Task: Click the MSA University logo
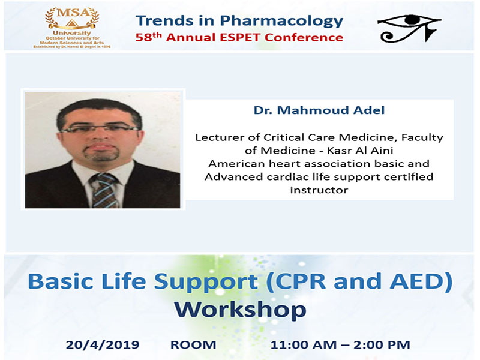tap(72, 28)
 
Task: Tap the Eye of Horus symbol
tap(409, 28)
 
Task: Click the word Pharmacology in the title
tap(281, 20)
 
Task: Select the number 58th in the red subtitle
tap(148, 37)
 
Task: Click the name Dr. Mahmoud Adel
tap(319, 110)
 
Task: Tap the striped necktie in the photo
tap(104, 190)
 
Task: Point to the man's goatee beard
tap(101, 154)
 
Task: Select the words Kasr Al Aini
tap(360, 151)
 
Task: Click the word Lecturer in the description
tap(220, 137)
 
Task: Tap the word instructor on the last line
tap(319, 190)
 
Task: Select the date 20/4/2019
tap(103, 344)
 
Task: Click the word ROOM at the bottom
tap(193, 344)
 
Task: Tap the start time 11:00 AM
tap(304, 344)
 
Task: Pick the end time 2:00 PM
tap(382, 344)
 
